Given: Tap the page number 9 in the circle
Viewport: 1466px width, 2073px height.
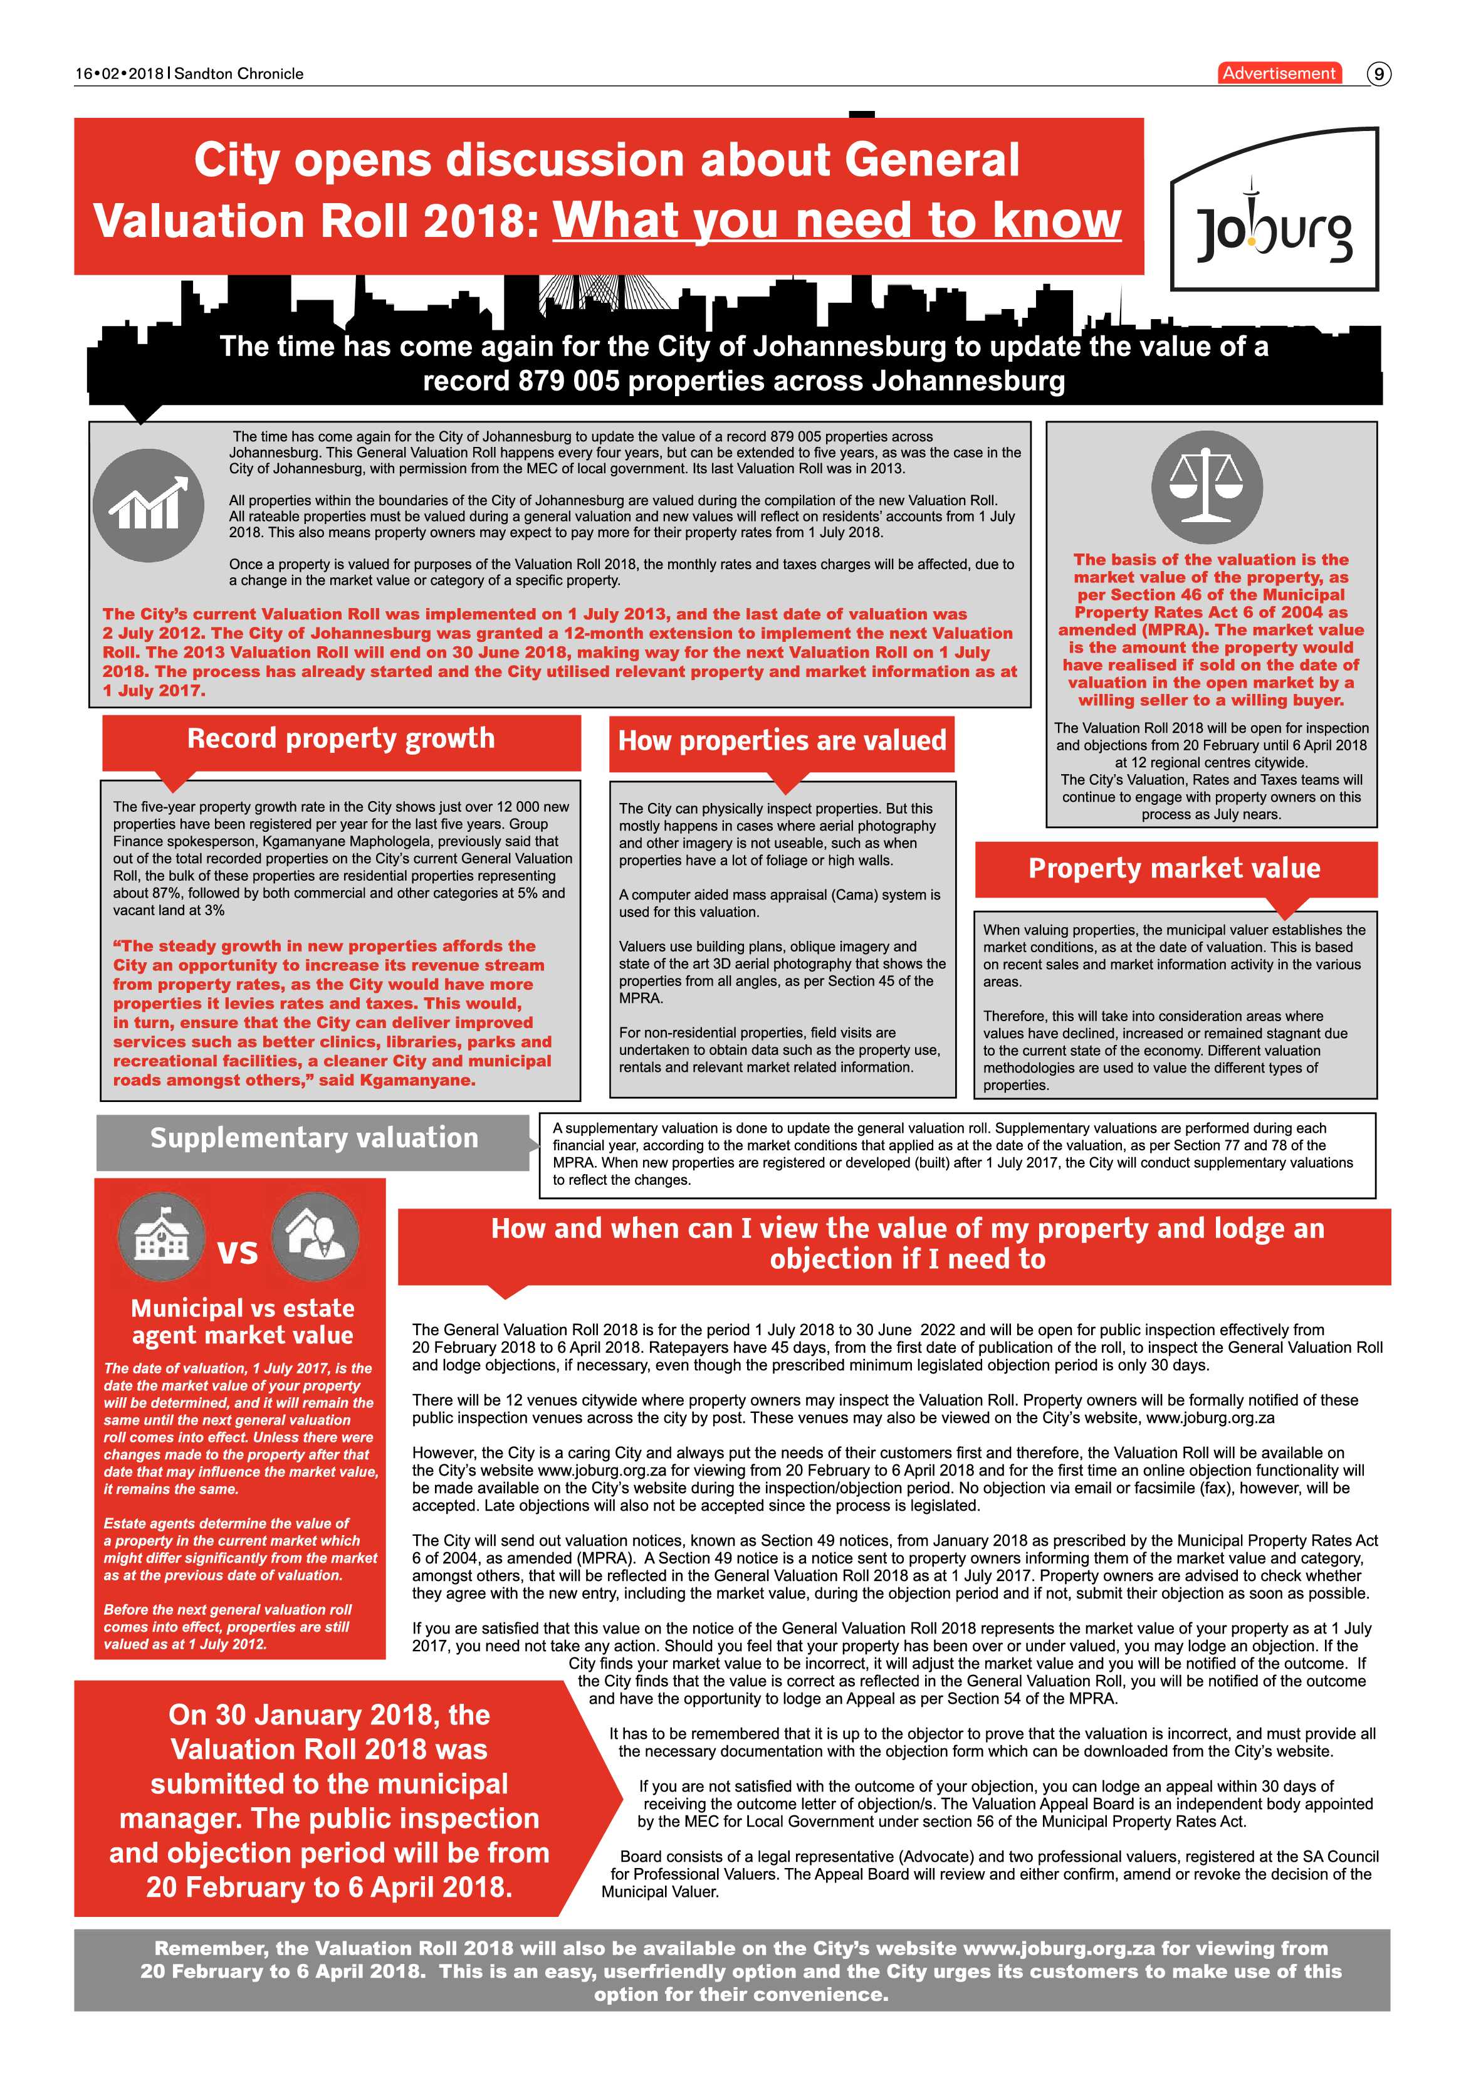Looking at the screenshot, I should click(1378, 74).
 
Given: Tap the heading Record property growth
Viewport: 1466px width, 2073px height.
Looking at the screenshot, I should click(340, 738).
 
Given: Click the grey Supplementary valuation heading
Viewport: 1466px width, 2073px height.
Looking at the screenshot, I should click(313, 1138).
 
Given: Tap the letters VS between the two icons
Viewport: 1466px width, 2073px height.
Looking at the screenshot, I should click(238, 1252).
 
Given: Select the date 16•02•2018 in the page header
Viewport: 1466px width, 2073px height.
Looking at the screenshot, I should click(119, 74).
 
